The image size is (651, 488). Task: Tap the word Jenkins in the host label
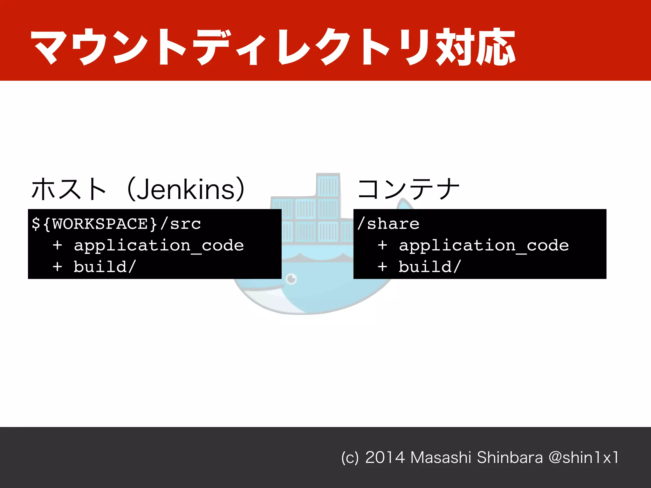tap(186, 190)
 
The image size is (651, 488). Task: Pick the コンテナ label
tap(409, 189)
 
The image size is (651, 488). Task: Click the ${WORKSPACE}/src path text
tap(116, 224)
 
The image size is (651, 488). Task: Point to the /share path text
tap(388, 224)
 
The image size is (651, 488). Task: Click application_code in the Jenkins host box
tap(159, 246)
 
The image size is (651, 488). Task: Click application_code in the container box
tap(484, 246)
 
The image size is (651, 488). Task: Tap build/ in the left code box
tap(105, 267)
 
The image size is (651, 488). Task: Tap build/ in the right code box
tap(430, 267)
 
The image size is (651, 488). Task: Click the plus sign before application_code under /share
tap(382, 246)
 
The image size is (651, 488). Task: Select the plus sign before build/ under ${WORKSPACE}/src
tap(58, 267)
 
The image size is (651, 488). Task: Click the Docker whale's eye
tap(291, 279)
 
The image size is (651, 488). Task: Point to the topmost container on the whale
tap(328, 185)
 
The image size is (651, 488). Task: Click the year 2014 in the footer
tap(385, 457)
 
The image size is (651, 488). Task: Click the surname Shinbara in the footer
tap(510, 457)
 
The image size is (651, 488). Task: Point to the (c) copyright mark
tap(350, 458)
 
